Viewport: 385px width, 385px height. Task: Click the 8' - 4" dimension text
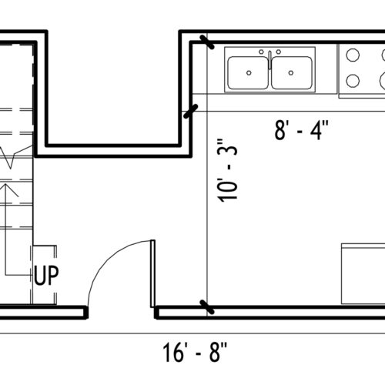[x=301, y=130]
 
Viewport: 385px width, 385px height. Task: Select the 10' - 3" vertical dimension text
[x=227, y=171]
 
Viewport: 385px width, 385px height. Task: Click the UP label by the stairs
[x=46, y=276]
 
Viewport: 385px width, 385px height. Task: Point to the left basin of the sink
[x=248, y=72]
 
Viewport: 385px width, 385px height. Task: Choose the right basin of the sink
[x=292, y=72]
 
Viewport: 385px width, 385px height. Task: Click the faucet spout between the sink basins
[x=269, y=60]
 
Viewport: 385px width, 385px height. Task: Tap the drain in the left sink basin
[x=249, y=73]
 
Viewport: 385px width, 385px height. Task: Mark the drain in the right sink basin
[x=291, y=73]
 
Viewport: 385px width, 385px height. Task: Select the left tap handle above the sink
[x=261, y=52]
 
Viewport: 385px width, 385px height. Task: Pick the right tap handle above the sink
[x=279, y=52]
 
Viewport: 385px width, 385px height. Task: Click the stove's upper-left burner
[x=353, y=55]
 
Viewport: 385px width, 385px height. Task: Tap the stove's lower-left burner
[x=353, y=81]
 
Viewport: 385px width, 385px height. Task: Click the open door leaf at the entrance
[x=152, y=273]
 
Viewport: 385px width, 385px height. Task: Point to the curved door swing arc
[x=107, y=259]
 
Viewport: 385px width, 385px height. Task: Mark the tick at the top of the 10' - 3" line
[x=207, y=42]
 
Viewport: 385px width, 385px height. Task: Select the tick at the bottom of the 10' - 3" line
[x=207, y=307]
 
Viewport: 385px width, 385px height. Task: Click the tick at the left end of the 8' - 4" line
[x=191, y=111]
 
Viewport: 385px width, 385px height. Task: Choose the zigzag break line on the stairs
[x=16, y=156]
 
